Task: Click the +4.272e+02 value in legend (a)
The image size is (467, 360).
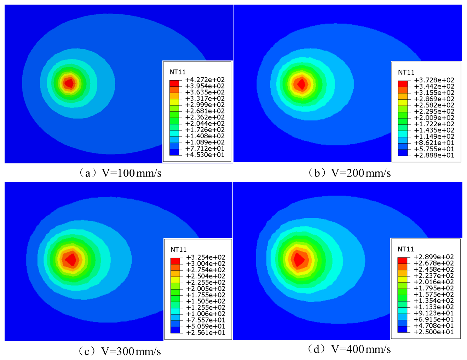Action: [205, 80]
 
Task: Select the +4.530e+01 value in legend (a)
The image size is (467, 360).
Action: [205, 155]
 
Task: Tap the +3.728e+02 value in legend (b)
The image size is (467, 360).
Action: [434, 80]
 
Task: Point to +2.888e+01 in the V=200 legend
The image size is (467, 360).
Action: [434, 155]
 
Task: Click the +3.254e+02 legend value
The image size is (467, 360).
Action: [206, 257]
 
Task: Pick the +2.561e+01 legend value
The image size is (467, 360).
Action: [206, 332]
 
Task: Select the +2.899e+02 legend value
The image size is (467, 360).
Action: [433, 257]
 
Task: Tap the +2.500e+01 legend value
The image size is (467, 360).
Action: [433, 332]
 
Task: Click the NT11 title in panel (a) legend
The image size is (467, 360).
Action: [177, 72]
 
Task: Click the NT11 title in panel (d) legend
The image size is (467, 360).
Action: [405, 249]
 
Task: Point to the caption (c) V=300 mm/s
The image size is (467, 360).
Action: [119, 351]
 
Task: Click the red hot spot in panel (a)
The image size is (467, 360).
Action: [69, 83]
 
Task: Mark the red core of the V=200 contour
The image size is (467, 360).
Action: [301, 84]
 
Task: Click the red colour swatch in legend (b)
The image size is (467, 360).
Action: [403, 84]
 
